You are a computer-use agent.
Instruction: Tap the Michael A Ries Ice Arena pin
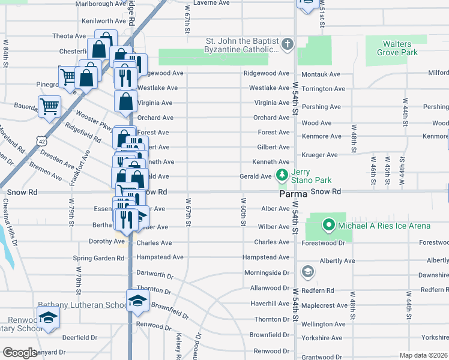[328, 226]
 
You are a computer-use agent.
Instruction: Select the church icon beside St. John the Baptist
[288, 44]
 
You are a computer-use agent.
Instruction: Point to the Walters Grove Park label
[397, 48]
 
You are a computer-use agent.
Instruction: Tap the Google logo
[20, 353]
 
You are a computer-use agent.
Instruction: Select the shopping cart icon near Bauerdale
[49, 106]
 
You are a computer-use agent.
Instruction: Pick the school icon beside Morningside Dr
[308, 272]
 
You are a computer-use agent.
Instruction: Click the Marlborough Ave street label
[100, 4]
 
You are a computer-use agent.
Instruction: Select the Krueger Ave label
[321, 155]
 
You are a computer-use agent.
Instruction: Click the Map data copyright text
[424, 355]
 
